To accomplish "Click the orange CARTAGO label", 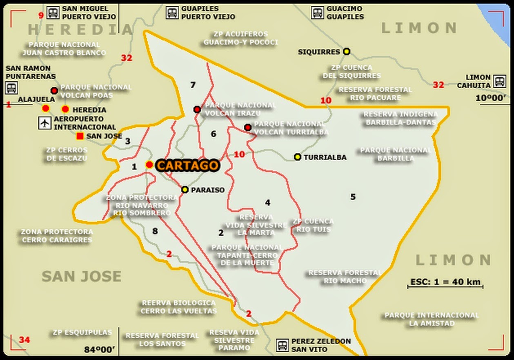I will point(188,165).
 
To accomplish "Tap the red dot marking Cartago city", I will point(149,165).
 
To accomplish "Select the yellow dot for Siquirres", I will point(347,51).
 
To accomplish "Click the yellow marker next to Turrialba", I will point(298,157).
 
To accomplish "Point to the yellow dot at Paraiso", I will point(185,190).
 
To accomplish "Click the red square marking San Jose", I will point(80,136).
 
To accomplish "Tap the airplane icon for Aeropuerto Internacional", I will point(45,123).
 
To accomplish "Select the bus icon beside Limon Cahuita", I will point(499,81).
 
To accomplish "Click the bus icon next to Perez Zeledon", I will point(282,345).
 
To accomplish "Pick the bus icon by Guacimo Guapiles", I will point(317,13).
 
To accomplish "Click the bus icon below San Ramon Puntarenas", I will point(11,87).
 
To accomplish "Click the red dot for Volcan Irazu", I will point(197,110).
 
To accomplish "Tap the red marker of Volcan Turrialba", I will point(247,127).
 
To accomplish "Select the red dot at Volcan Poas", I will point(54,91).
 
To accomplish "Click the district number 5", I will point(353,197).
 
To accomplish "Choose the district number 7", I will point(193,85).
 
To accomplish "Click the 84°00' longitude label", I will point(100,349).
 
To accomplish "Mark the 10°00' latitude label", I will point(491,98).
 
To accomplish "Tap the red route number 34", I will point(24,340).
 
